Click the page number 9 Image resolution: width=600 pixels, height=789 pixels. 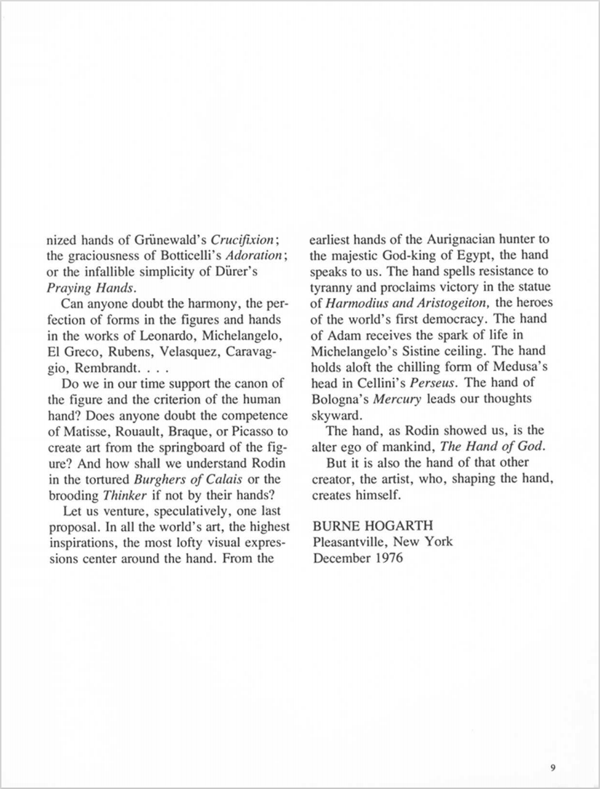coord(554,766)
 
